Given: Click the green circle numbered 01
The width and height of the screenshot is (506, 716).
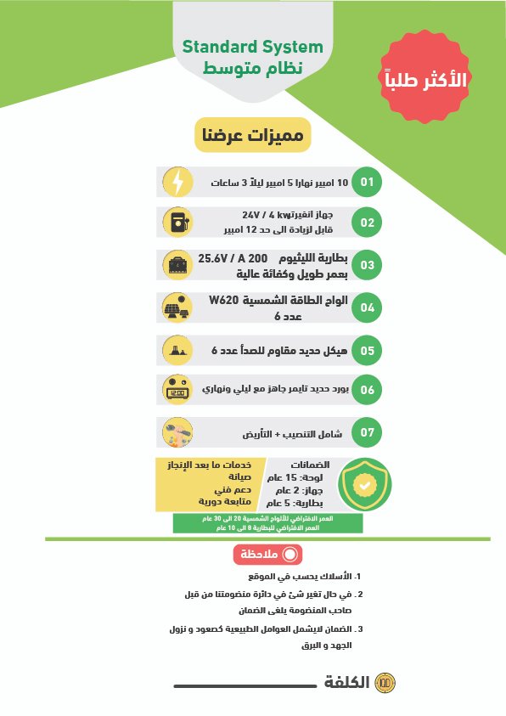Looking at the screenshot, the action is [367, 182].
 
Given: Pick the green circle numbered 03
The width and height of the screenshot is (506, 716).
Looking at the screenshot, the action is [367, 265].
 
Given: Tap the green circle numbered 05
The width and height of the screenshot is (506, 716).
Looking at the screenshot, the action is [367, 349].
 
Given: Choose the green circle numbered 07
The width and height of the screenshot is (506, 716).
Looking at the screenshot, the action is [367, 432].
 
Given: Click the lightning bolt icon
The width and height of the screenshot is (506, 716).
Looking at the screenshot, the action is [177, 182].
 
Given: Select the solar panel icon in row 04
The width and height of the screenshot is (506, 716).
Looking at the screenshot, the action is [177, 307].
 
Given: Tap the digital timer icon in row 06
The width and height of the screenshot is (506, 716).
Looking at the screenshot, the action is [177, 391].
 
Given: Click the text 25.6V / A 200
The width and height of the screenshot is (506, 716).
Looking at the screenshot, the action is [233, 257].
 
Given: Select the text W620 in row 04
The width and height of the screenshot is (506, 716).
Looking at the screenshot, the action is [225, 301].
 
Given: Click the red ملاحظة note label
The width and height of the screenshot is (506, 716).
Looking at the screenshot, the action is [267, 554].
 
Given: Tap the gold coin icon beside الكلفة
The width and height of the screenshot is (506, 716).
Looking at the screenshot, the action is [385, 683].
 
